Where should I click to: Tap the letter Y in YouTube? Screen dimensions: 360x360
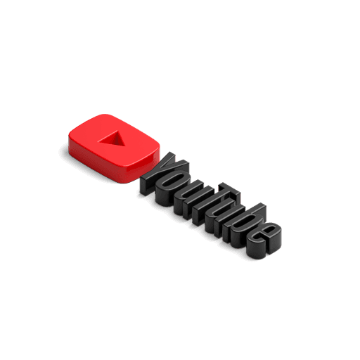click(164, 174)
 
